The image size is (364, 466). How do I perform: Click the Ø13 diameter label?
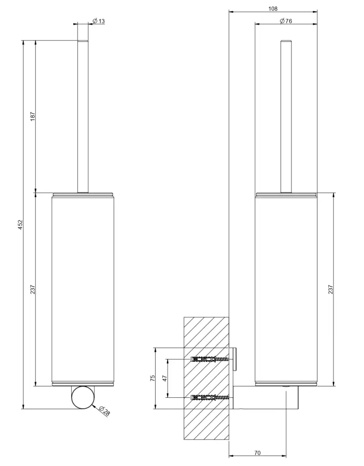pyautogui.click(x=99, y=21)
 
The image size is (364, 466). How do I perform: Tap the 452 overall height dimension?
pyautogui.click(x=20, y=224)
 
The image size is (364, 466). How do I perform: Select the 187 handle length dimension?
pyautogui.click(x=33, y=116)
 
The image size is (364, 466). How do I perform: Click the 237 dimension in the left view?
pyautogui.click(x=33, y=289)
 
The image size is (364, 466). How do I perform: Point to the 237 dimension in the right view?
pyautogui.click(x=330, y=289)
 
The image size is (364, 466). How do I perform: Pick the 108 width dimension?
pyautogui.click(x=273, y=9)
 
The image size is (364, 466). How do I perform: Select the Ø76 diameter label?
pyautogui.click(x=286, y=21)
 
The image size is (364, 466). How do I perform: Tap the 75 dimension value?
pyautogui.click(x=152, y=378)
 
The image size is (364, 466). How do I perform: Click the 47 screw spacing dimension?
pyautogui.click(x=165, y=378)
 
